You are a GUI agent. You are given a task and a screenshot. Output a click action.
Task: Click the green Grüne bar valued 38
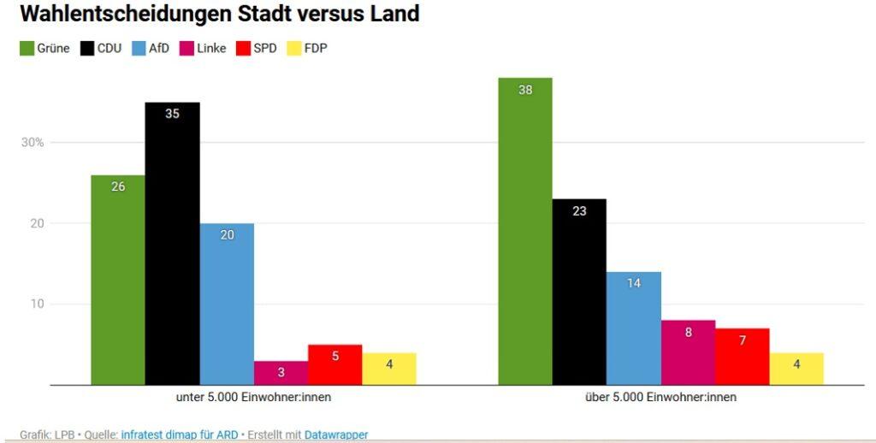[x=525, y=231]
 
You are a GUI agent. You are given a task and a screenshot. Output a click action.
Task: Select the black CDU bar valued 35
[x=172, y=244]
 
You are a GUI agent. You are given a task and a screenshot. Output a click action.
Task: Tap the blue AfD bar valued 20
[x=227, y=304]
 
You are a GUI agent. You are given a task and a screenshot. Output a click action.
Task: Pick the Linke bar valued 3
[x=281, y=373]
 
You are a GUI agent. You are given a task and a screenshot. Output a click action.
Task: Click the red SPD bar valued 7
[x=743, y=357]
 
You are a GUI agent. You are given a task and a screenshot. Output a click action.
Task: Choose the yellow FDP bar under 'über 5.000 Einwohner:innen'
[x=796, y=369]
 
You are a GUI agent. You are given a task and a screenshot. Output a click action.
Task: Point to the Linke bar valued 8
[x=688, y=352]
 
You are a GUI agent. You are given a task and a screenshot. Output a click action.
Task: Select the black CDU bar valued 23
[x=579, y=292]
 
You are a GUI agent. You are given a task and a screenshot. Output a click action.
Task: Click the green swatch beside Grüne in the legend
[x=27, y=49]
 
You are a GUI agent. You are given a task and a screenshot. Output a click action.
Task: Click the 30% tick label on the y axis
[x=33, y=143]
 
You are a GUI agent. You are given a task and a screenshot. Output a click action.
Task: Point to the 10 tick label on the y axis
[x=38, y=304]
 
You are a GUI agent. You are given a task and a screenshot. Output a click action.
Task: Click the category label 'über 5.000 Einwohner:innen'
[x=660, y=398]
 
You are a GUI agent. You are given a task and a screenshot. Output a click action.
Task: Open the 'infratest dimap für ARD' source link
[x=180, y=434]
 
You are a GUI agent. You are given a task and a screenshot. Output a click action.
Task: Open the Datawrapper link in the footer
[x=336, y=434]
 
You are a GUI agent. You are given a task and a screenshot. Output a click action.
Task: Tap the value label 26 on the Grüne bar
[x=118, y=186]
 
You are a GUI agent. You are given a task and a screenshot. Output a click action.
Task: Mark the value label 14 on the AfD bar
[x=634, y=283]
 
